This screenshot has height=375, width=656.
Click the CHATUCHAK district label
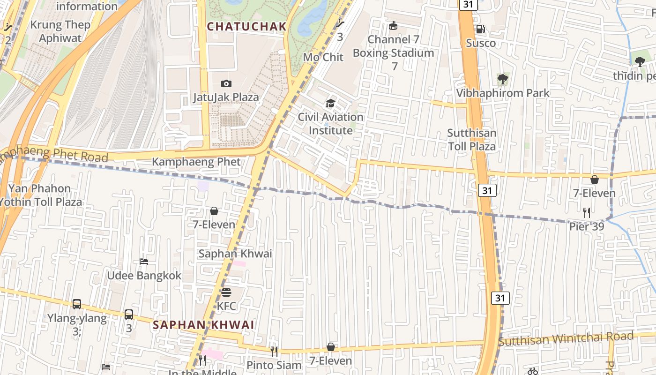[246, 27]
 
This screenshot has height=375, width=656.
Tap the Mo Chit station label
[323, 57]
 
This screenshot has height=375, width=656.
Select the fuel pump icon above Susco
[480, 29]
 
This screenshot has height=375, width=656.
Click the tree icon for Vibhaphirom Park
[503, 79]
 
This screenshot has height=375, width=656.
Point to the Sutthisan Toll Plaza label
[471, 140]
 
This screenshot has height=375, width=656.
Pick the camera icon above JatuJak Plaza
[226, 83]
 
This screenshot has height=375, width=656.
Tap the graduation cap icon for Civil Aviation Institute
[331, 103]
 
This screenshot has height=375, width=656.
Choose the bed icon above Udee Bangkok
[144, 261]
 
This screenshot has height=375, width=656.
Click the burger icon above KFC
[226, 292]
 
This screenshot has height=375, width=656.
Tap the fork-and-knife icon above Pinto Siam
[274, 351]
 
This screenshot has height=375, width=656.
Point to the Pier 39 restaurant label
[586, 227]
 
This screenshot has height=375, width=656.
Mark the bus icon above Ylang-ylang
[77, 304]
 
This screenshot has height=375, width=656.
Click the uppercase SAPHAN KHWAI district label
[203, 325]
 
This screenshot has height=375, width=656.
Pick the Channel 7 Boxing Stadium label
[394, 46]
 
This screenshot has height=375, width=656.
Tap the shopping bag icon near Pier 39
[595, 179]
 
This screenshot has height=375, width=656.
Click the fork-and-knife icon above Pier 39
[586, 212]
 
